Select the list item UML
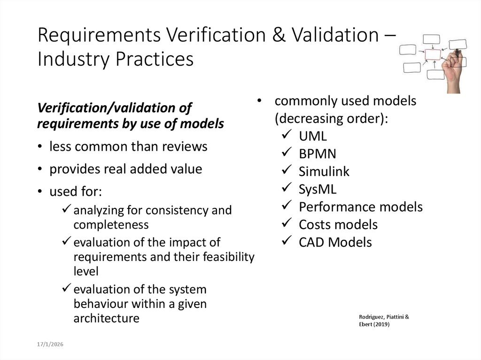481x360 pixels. click(x=312, y=136)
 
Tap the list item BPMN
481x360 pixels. click(x=317, y=154)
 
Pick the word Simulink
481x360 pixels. click(x=324, y=172)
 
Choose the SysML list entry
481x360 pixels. click(x=318, y=189)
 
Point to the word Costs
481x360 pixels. click(x=314, y=225)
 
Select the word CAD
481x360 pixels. click(x=311, y=242)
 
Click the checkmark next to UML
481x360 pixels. click(x=287, y=136)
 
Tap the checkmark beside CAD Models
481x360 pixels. click(x=287, y=242)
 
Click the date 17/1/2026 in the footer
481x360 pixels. click(x=50, y=345)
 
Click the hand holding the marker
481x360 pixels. click(x=454, y=70)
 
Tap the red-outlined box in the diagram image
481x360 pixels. click(x=433, y=55)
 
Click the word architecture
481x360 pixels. click(x=106, y=318)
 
